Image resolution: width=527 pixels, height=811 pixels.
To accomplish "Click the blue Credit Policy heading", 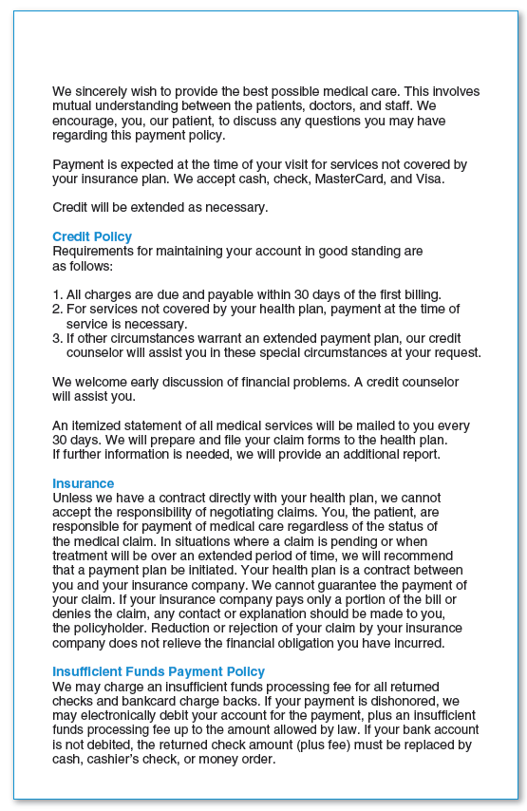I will pos(92,236).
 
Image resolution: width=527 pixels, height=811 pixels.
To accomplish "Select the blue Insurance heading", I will pos(83,483).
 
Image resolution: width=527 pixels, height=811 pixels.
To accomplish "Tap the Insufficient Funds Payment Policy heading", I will pos(159,672).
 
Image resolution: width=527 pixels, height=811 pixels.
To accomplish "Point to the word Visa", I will pos(426,179).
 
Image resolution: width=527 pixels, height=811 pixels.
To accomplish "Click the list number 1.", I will pos(56,295).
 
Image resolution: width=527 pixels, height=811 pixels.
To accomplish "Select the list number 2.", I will pos(56,310).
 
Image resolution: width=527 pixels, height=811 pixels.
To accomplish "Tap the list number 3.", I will pos(56,338).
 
